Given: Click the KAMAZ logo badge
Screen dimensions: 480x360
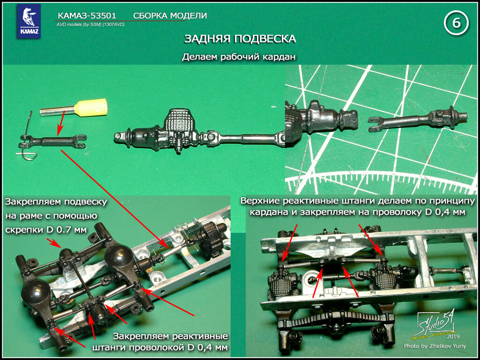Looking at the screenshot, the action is pyautogui.click(x=29, y=21).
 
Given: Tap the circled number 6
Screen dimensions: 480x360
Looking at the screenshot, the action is pyautogui.click(x=457, y=23).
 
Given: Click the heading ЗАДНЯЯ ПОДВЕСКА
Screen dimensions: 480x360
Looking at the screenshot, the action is pyautogui.click(x=240, y=39).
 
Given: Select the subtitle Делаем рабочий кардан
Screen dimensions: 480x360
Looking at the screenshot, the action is pyautogui.click(x=240, y=57).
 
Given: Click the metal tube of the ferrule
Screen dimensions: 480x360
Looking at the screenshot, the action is pyautogui.click(x=58, y=111).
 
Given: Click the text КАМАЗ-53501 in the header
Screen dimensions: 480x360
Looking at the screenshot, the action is pyautogui.click(x=87, y=15).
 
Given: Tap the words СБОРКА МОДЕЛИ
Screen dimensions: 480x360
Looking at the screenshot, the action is pyautogui.click(x=170, y=15).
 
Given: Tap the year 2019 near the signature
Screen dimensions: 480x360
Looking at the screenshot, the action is pyautogui.click(x=451, y=337).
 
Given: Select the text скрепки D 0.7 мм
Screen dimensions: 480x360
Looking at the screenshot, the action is pyautogui.click(x=46, y=229).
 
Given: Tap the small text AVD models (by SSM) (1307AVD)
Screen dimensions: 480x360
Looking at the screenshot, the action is pyautogui.click(x=90, y=24).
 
